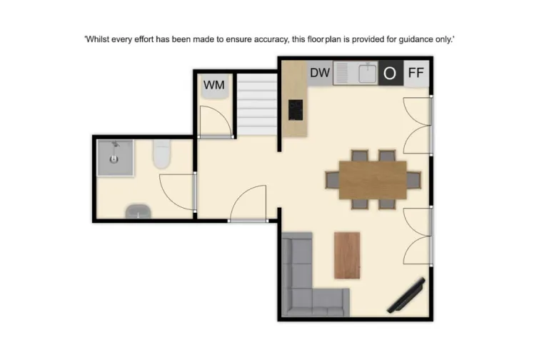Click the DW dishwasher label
click(320, 73)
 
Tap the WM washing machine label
click(214, 85)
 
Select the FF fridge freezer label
click(415, 73)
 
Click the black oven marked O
click(390, 73)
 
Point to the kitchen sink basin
click(367, 72)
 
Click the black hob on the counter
click(296, 109)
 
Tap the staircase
click(256, 106)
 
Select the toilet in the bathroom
click(161, 154)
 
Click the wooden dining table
click(373, 180)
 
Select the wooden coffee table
click(347, 255)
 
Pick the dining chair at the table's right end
click(413, 180)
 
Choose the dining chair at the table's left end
click(332, 180)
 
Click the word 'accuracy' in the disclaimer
click(270, 39)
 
